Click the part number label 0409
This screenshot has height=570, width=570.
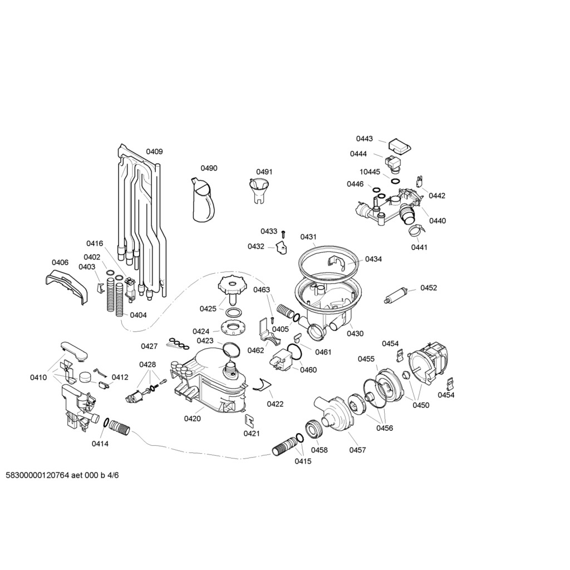[x=154, y=151]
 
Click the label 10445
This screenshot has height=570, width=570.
[x=370, y=171]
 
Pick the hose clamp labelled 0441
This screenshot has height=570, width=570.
[x=415, y=229]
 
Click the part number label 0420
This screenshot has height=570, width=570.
[x=192, y=419]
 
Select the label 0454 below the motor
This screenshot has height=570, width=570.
[x=446, y=395]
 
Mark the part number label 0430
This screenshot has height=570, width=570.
[x=355, y=333]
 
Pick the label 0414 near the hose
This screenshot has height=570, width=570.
[x=100, y=444]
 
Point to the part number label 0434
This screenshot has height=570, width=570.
[x=374, y=259]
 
